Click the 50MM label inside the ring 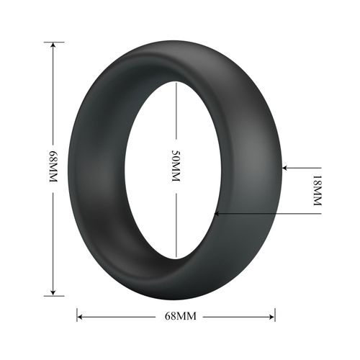coord(175,168)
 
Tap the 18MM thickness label coord(315,191)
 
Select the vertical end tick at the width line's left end coord(77,316)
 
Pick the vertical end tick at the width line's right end coord(275,316)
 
